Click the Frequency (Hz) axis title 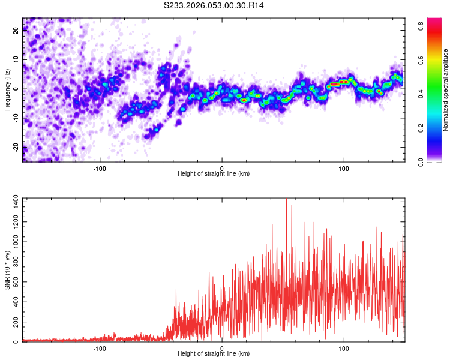(x=7, y=90)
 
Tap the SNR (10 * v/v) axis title (x=7, y=270)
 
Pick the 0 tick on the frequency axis (x=16, y=89)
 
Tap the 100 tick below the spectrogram (x=344, y=168)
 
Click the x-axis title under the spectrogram (x=214, y=173)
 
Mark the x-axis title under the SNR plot (x=214, y=353)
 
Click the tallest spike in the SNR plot (x=286, y=200)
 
